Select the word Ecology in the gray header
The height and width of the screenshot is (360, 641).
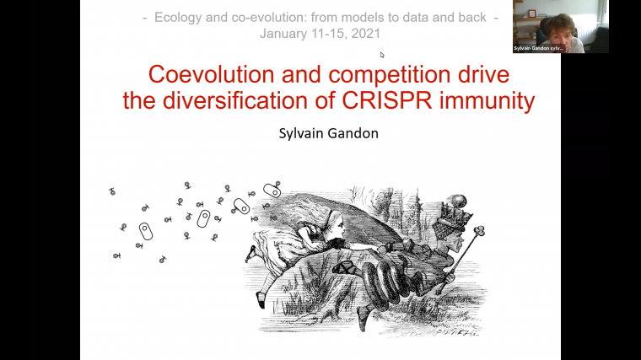click(x=179, y=18)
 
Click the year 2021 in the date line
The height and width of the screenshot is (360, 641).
click(x=364, y=34)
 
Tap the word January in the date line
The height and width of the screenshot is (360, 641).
click(x=283, y=34)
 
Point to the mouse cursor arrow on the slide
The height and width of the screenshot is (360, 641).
click(x=382, y=56)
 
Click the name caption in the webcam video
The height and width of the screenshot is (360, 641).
click(x=539, y=49)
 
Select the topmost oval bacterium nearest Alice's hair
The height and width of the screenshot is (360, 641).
click(x=272, y=191)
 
